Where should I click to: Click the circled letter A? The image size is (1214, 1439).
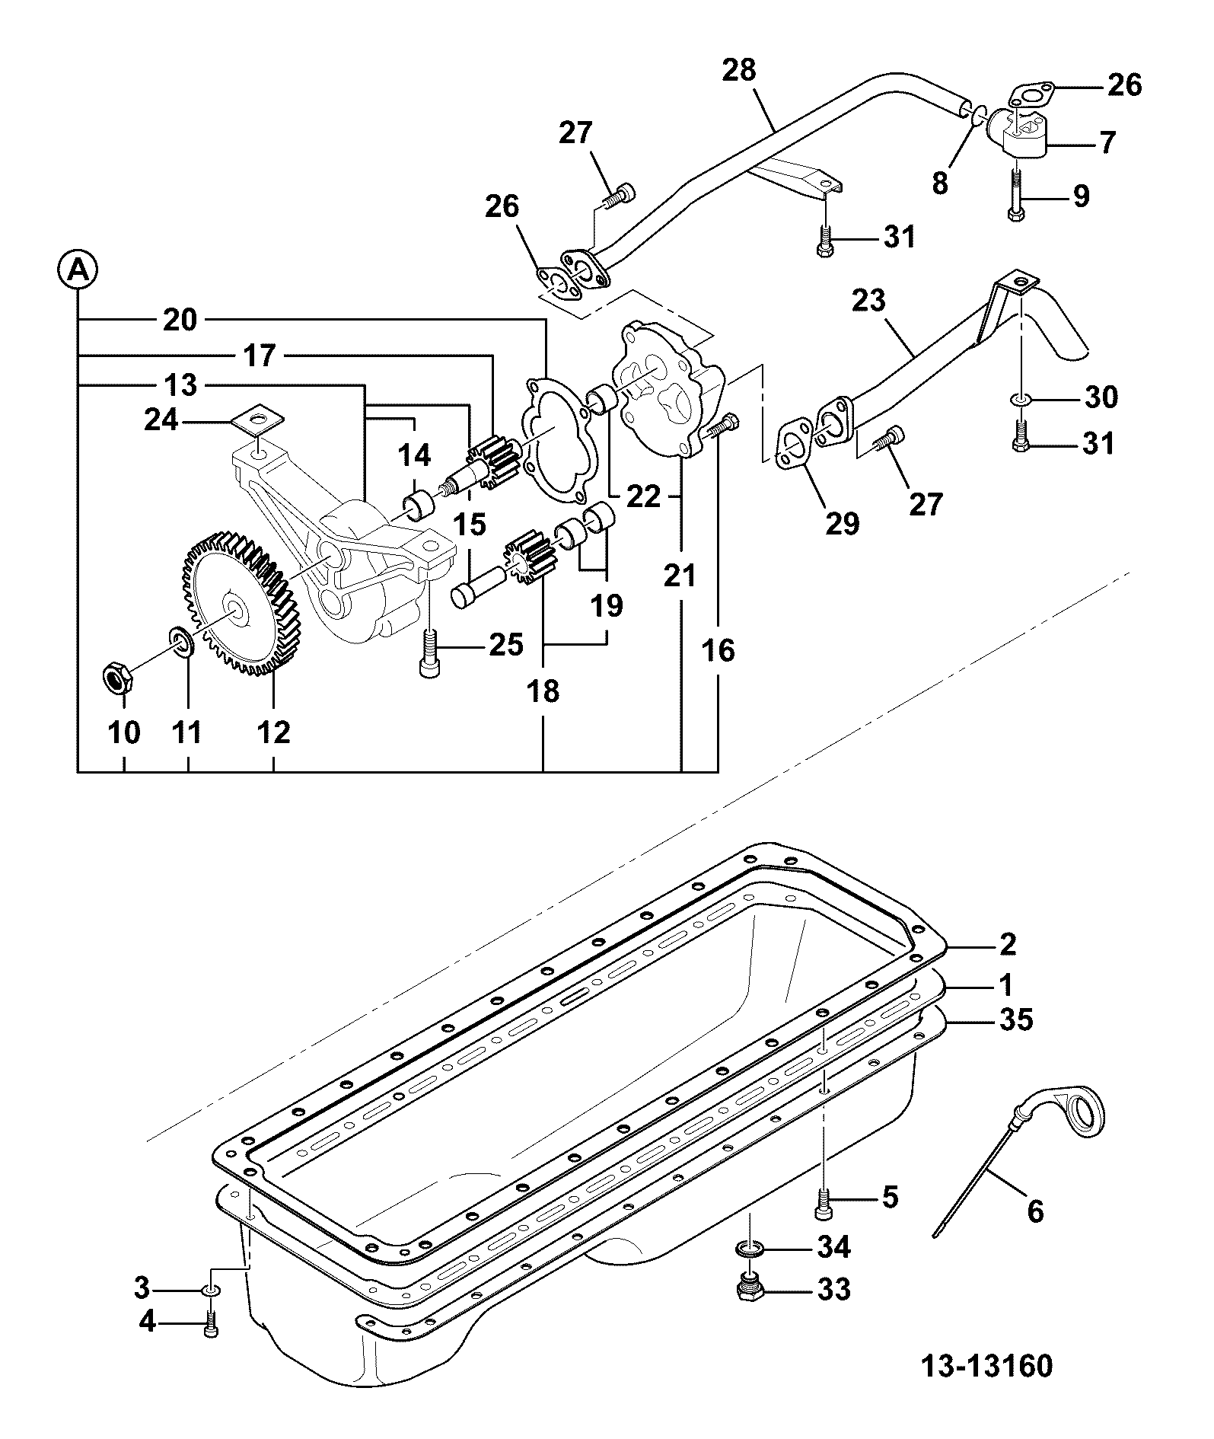pyautogui.click(x=78, y=270)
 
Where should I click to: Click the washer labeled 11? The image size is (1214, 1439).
pyautogui.click(x=182, y=642)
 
